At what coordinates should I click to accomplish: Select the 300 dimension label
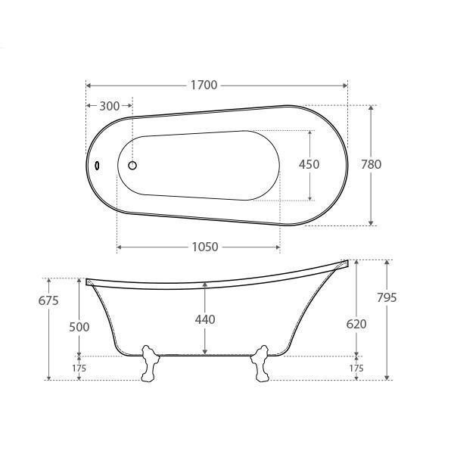(110, 106)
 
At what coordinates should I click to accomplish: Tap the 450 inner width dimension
(309, 164)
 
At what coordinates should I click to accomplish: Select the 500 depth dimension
(79, 327)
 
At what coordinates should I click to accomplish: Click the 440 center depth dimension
(204, 319)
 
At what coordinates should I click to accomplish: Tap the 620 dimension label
(356, 324)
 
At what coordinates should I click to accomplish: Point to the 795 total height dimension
(387, 297)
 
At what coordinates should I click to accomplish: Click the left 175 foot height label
(79, 368)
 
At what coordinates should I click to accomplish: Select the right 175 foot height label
(356, 368)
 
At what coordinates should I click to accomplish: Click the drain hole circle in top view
(132, 164)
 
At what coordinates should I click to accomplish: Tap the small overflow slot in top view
(96, 164)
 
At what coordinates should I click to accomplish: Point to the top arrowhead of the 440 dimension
(204, 286)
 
